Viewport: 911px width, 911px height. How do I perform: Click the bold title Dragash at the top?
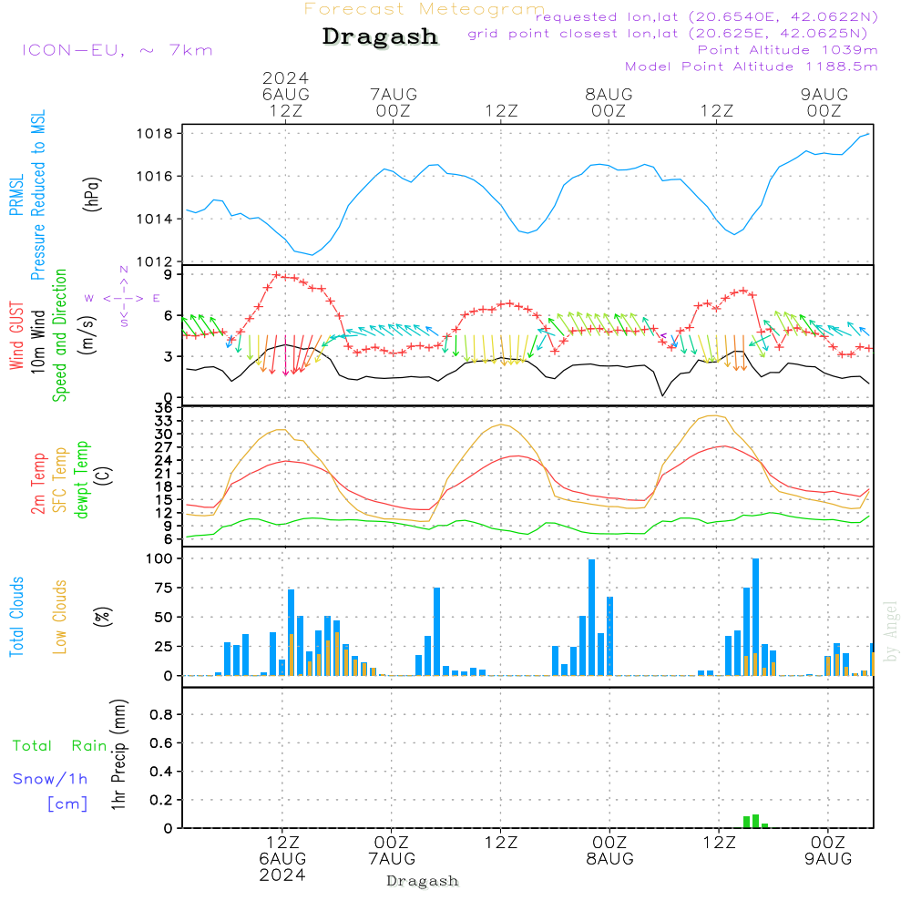[x=380, y=37]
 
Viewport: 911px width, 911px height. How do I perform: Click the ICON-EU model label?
[x=117, y=50]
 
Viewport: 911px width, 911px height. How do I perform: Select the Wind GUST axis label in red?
[x=16, y=336]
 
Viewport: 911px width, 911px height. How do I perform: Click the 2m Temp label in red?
[x=39, y=483]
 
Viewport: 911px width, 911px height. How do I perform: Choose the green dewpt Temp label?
[x=82, y=480]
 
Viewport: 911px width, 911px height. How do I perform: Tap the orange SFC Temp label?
[x=60, y=480]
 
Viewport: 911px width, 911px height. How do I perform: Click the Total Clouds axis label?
[x=16, y=617]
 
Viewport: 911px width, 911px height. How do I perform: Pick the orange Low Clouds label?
[x=60, y=617]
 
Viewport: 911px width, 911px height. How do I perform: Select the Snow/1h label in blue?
[x=50, y=779]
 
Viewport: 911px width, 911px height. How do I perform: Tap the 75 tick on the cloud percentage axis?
[x=162, y=589]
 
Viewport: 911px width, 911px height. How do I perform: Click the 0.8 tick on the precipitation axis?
[x=161, y=715]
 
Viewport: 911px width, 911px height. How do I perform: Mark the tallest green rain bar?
[x=755, y=821]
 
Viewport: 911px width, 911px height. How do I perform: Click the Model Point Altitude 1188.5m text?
[x=752, y=67]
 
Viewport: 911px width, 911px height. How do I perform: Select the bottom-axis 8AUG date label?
[x=609, y=859]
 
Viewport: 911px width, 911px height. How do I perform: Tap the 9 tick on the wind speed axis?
[x=169, y=274]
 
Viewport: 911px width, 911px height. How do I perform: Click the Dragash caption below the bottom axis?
[x=422, y=881]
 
